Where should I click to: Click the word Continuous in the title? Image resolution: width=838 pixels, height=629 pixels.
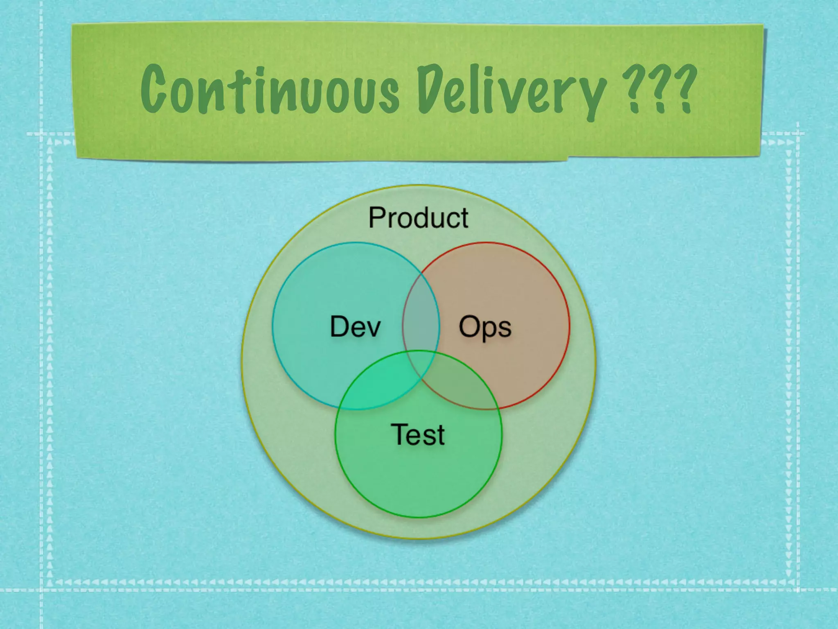coord(270,90)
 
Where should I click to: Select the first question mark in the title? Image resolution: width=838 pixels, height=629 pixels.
coord(633,88)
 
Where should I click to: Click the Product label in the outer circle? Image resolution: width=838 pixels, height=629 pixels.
coord(418,217)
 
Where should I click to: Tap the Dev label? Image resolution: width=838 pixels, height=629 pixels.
coord(355,326)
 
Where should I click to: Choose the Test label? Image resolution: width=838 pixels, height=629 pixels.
coord(418,434)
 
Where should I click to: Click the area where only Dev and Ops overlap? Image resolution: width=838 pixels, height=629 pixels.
coord(421,315)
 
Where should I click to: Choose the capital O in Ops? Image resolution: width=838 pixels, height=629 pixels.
coord(469,326)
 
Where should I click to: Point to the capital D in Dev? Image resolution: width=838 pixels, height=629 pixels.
coord(340,326)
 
